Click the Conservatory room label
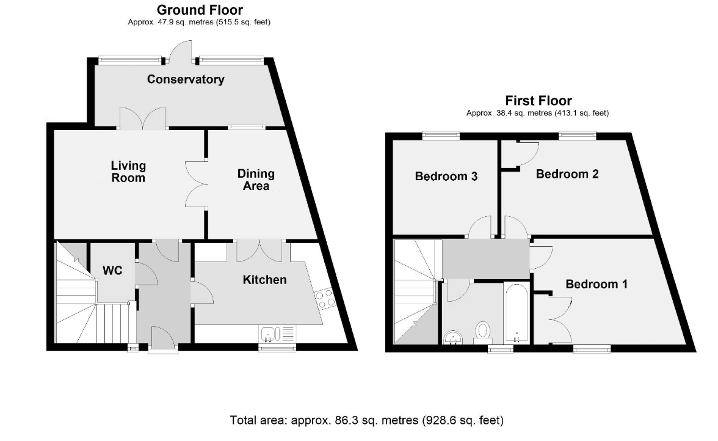point(186,79)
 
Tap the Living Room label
point(128,172)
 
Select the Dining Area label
point(256,180)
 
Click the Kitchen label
point(265,279)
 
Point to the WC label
point(112,271)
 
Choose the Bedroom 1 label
point(596,284)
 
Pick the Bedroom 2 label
point(567,174)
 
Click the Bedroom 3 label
point(446,177)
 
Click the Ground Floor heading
point(200,10)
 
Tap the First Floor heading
point(538,100)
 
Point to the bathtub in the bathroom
point(516,312)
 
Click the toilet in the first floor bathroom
point(482,332)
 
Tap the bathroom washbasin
point(453,338)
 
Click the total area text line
point(366,420)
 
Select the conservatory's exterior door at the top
point(179,50)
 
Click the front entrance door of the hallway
point(162,340)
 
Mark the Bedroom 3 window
point(441,135)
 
